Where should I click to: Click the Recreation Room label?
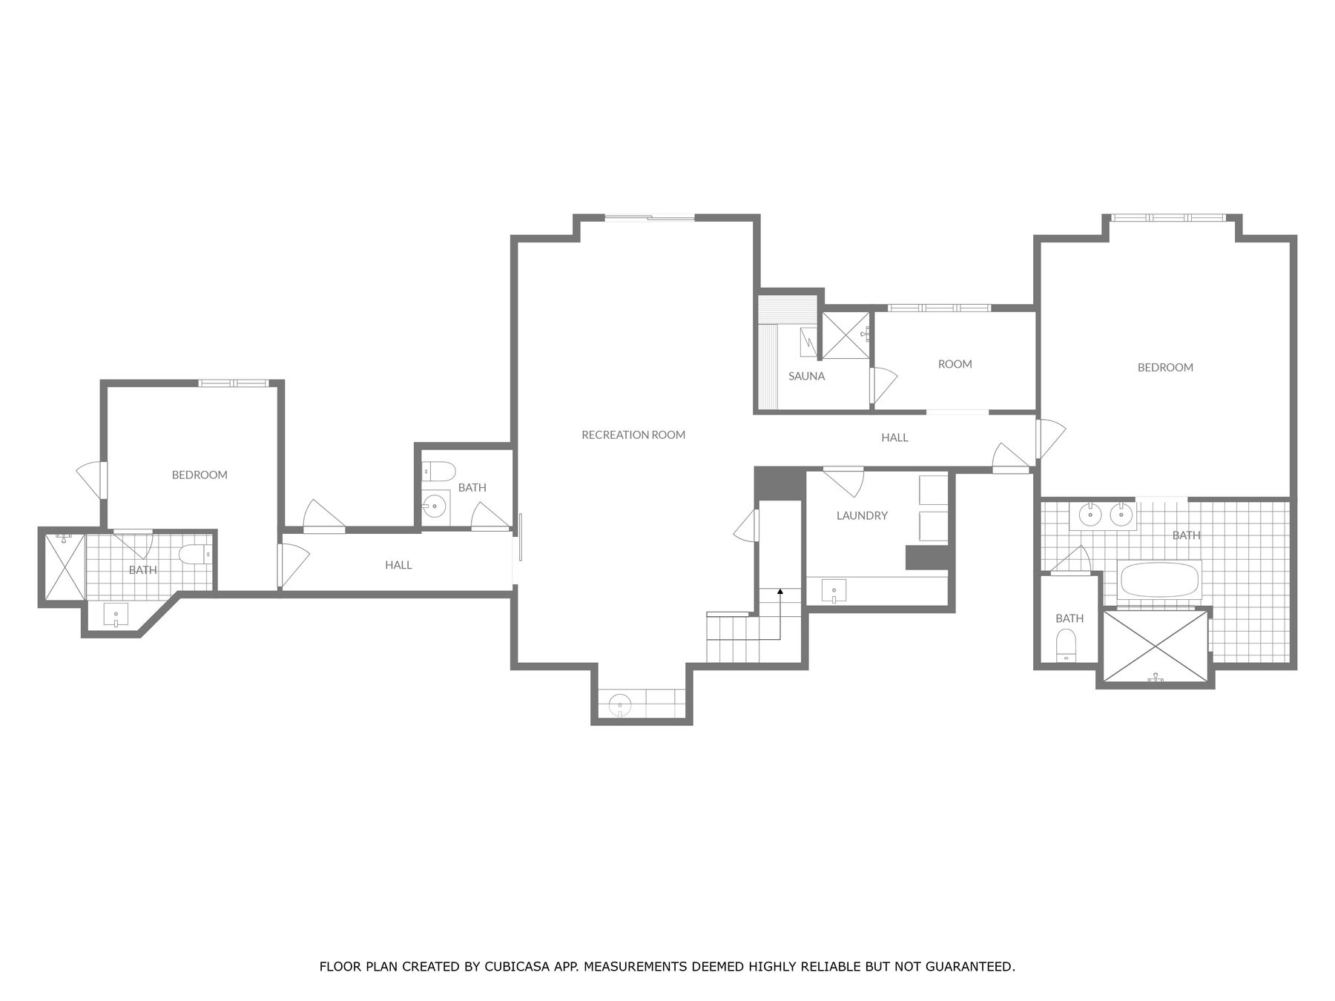633,435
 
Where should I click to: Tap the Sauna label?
806,376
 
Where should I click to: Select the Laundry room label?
861,515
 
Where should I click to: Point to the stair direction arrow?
780,591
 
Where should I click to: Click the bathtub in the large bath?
1159,581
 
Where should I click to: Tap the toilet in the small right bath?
1066,643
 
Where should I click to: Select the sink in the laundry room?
834,592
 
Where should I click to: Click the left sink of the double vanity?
1090,514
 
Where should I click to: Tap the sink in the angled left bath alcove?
116,615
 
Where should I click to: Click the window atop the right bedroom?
1168,217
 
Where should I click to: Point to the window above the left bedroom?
232,383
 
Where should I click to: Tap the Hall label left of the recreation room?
398,565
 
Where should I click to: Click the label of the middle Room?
955,364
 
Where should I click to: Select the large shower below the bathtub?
1155,644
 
